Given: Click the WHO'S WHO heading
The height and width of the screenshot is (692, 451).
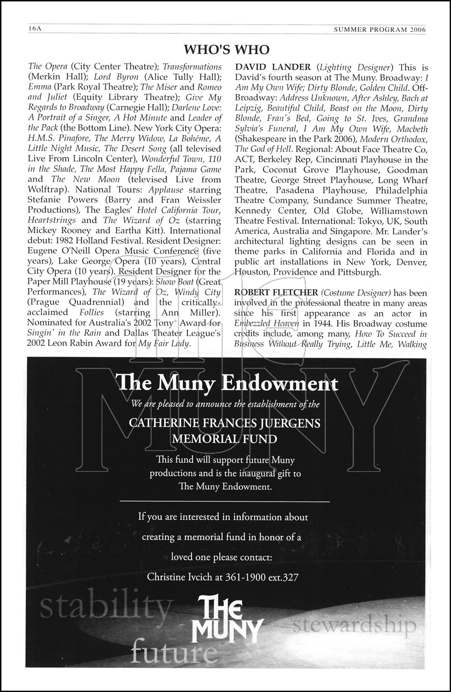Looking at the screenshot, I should coord(226,49).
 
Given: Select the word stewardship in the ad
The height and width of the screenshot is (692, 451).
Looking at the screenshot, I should coord(355,626).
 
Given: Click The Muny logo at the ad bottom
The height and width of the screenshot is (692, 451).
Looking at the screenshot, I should coord(229,622).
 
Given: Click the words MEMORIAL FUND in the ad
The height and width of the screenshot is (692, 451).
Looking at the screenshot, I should coord(225,438).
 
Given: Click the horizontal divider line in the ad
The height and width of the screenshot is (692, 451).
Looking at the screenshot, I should coord(225,501).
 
